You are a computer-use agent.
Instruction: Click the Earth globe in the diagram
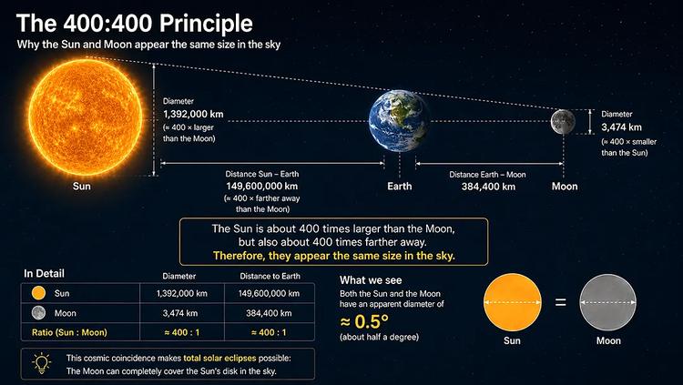point(399,121)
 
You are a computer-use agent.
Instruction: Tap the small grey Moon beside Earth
point(563,122)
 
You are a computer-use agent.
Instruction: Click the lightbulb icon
point(41,363)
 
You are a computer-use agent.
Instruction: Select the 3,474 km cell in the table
point(180,313)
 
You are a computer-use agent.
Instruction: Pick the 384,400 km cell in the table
point(269,313)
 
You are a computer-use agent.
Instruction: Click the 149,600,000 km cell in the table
point(269,294)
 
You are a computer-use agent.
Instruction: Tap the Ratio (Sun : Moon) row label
point(69,332)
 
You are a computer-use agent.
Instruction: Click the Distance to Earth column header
point(270,276)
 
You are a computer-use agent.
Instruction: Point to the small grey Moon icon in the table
point(39,313)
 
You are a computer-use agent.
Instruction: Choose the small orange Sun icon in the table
point(39,293)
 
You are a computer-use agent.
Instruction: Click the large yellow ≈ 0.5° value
point(363,322)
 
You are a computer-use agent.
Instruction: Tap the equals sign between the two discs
point(561,302)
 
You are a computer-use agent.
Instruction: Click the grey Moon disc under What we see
point(607,302)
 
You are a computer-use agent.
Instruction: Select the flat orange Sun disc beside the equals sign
point(513,302)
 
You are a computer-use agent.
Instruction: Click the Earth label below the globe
point(400,187)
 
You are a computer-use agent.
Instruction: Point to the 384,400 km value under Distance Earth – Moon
point(488,187)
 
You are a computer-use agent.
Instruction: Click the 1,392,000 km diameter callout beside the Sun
point(193,114)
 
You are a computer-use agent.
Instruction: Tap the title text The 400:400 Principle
point(134,23)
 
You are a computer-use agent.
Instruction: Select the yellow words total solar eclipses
point(219,359)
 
